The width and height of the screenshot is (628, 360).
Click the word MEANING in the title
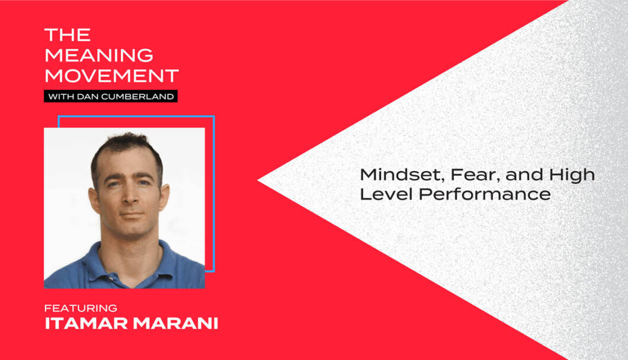(99, 55)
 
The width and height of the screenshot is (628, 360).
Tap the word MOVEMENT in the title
(112, 76)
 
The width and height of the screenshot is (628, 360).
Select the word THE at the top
(68, 35)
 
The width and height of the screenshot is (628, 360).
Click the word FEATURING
(81, 308)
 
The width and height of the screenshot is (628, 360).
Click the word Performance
(485, 194)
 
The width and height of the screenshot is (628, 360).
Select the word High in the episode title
(572, 175)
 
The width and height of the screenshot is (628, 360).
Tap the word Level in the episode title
(386, 194)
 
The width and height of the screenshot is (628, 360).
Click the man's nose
(130, 195)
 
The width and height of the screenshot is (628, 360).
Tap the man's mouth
(132, 215)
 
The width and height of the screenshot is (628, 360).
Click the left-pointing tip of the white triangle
(258, 180)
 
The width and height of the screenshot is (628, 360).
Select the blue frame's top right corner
(213, 117)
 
